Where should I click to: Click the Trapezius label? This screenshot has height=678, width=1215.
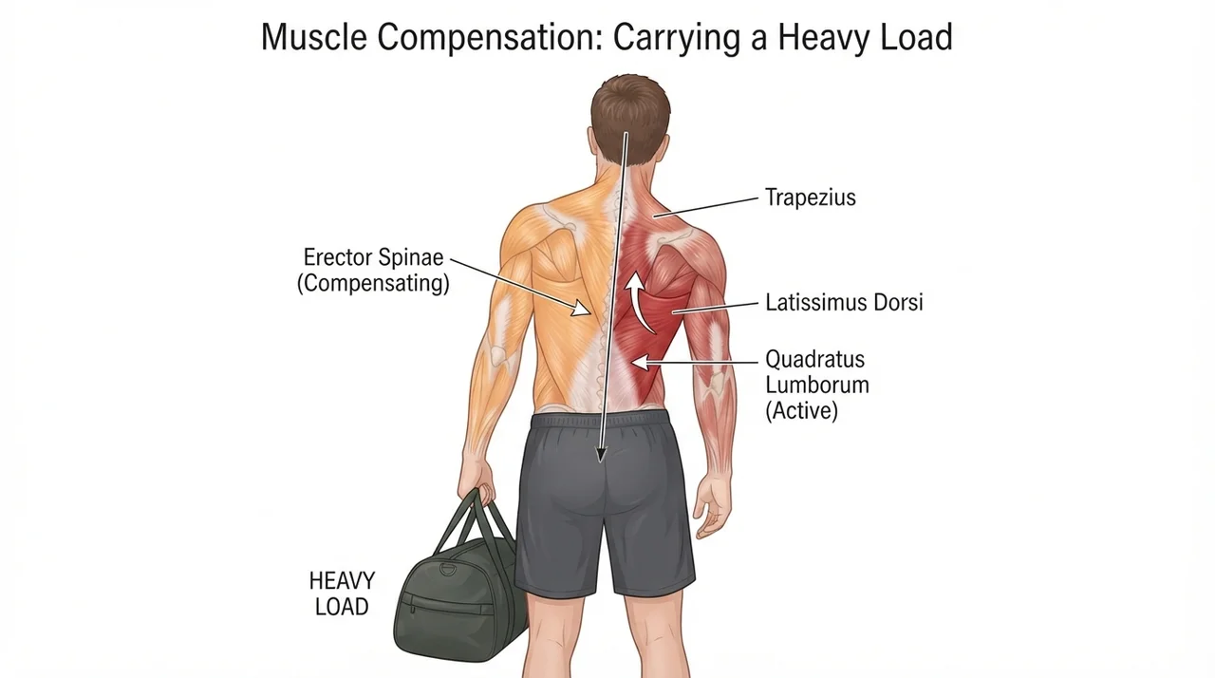810,198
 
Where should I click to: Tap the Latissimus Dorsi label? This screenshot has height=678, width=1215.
844,303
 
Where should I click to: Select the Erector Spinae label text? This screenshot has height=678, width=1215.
373,257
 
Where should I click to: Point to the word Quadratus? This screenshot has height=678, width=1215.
814,359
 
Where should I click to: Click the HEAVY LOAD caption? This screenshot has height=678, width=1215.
342,593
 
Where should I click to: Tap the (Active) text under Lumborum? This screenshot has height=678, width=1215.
802,410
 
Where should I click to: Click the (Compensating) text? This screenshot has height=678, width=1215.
373,283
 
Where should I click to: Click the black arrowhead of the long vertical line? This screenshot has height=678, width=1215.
601,455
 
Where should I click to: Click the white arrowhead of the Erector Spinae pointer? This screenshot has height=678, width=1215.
582,308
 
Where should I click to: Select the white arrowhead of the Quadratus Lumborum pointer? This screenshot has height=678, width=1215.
640,362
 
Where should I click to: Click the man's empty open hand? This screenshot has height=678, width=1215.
712,505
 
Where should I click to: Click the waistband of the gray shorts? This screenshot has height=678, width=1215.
600,419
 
